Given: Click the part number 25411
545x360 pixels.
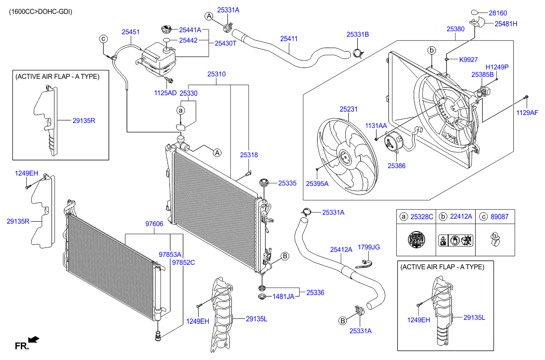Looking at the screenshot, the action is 289,39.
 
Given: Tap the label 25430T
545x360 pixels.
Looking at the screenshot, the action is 225,44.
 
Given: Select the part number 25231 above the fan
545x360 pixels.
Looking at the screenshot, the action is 348,109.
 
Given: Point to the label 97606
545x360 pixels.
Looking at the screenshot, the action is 154,224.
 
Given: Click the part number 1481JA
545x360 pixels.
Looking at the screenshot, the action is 283,297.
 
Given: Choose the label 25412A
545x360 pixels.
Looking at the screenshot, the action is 341,250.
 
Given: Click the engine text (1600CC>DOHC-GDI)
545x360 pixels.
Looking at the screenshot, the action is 41,12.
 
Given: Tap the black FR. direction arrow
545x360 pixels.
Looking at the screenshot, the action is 34,339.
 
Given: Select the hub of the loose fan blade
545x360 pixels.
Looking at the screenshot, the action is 346,158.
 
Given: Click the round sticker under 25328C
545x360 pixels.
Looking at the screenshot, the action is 416,240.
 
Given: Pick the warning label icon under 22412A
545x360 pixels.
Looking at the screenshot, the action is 456,240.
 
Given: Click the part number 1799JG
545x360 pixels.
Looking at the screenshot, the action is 369,247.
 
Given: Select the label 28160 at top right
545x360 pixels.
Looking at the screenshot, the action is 498,13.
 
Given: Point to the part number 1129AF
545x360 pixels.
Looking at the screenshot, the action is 527,113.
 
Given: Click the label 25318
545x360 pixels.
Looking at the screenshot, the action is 249,155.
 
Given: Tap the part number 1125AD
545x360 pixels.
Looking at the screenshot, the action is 165,93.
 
